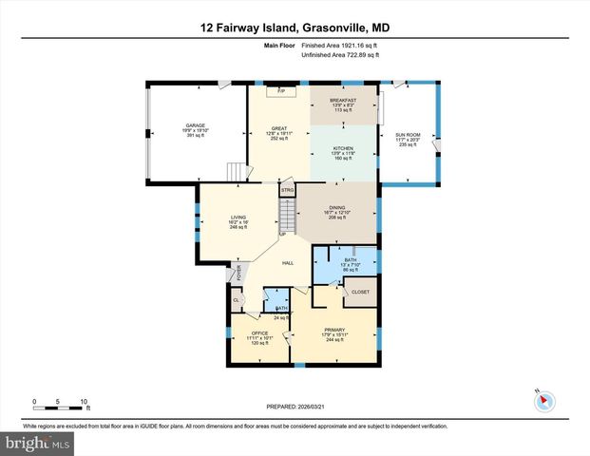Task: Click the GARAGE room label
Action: point(196,125)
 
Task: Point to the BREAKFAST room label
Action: point(343,100)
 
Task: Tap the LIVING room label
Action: point(238,218)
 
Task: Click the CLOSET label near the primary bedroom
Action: point(361,293)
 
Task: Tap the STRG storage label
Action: point(287,191)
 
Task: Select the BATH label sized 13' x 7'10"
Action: point(350,259)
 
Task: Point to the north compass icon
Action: point(542,399)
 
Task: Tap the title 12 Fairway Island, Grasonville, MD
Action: point(295,28)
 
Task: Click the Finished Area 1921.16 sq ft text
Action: point(340,46)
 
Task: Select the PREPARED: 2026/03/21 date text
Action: point(295,406)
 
